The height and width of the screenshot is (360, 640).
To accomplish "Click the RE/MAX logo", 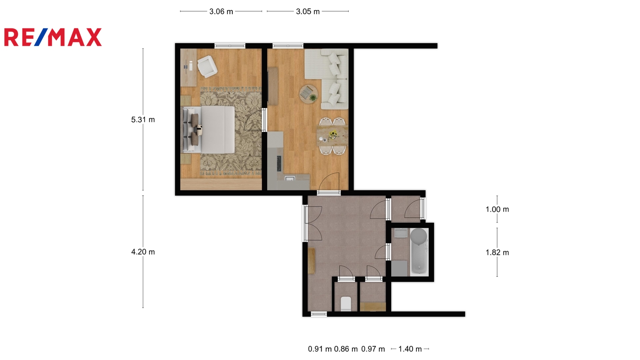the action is point(53,37).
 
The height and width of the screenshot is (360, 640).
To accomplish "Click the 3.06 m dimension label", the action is point(221,12).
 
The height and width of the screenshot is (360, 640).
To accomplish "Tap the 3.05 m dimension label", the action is point(308,12).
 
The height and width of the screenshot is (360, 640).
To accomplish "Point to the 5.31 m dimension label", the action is point(143,120).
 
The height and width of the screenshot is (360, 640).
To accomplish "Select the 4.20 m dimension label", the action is point(143,252).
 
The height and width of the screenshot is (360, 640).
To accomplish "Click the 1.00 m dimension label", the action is point(497,209).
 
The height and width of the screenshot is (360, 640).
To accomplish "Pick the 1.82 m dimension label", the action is point(497,252).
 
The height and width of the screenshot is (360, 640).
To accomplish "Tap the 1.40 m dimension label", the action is point(410,349).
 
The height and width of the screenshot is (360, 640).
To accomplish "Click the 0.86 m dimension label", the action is point(346,349).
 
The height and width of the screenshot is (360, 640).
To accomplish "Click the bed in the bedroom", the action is point(208,130).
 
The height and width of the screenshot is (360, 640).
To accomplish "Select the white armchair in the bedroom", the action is point(207,66).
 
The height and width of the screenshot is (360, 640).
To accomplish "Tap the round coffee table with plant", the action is point(308,94).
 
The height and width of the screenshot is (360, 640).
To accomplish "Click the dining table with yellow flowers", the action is point(332,136).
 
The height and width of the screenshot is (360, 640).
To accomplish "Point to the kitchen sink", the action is point(290,178).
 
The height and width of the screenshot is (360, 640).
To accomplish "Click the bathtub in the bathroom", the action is point(419,252).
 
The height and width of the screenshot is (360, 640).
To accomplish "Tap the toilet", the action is point(346,304).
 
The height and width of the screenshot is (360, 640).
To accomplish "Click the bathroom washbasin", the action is point(401,233).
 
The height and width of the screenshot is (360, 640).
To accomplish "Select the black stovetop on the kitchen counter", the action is point(279,164).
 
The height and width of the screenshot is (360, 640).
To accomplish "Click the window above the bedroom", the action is point(230,46).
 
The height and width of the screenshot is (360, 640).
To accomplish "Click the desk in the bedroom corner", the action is point(188,68).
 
